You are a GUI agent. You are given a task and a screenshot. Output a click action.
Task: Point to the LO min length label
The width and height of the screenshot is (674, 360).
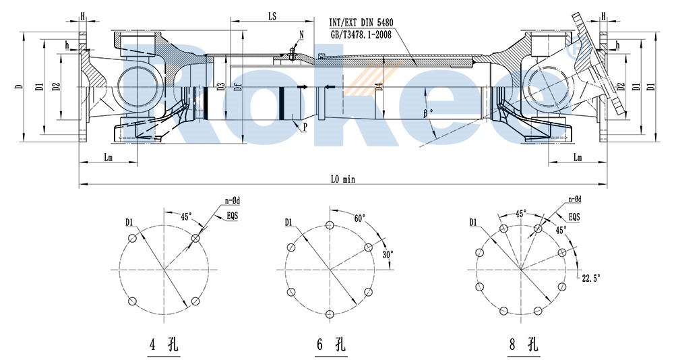[x=342, y=179]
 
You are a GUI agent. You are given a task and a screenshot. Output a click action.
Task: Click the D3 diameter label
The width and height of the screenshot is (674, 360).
[x=220, y=86]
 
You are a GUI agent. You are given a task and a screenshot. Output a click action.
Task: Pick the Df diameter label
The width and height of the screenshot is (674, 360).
[x=236, y=86]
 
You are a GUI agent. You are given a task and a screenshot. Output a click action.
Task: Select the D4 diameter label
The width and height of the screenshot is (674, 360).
[x=380, y=86]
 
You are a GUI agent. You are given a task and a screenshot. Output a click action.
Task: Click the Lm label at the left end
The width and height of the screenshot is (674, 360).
[x=108, y=158]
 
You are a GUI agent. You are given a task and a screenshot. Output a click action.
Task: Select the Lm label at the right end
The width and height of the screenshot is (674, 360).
[x=578, y=158]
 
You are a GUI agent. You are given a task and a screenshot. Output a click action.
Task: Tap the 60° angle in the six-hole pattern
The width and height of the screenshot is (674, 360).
[x=359, y=218]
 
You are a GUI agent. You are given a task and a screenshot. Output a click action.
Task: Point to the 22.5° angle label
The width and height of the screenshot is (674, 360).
[x=590, y=276]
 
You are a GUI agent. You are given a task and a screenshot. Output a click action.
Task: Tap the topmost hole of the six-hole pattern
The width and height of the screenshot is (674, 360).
[x=330, y=226]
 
